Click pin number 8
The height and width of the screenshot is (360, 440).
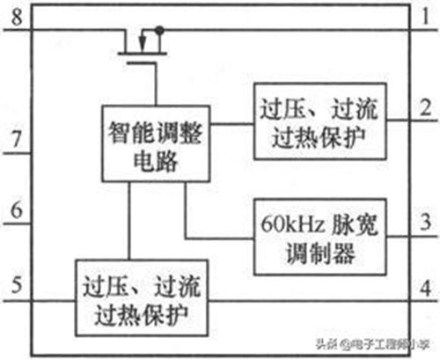pos(17,17)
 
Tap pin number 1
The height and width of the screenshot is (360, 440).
pos(426,16)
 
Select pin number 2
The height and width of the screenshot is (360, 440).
pos(426,107)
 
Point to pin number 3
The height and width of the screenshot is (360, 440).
pos(426,222)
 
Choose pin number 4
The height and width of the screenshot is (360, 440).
pos(426,288)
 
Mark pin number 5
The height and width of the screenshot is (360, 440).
pos(17,284)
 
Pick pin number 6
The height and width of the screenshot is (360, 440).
pos(17,209)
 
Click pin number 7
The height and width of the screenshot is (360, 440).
pos(17,139)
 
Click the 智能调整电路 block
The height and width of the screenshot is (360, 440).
pos(156,143)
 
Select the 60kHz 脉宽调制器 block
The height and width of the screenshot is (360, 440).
pos(319,237)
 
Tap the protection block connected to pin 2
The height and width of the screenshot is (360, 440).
pos(319,121)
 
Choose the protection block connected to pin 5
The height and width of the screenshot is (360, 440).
pos(142,298)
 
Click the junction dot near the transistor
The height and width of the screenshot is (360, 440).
pos(159,30)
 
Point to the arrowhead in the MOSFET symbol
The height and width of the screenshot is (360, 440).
pos(143,43)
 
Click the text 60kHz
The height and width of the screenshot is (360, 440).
pos(292,224)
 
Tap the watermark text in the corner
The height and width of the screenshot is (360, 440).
pos(372,344)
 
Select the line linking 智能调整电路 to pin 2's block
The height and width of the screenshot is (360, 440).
pos(231,124)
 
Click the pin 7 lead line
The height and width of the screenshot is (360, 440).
pos(17,153)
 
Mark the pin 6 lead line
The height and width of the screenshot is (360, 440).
pos(17,224)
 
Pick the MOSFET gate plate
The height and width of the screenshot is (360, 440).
pos(142,62)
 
